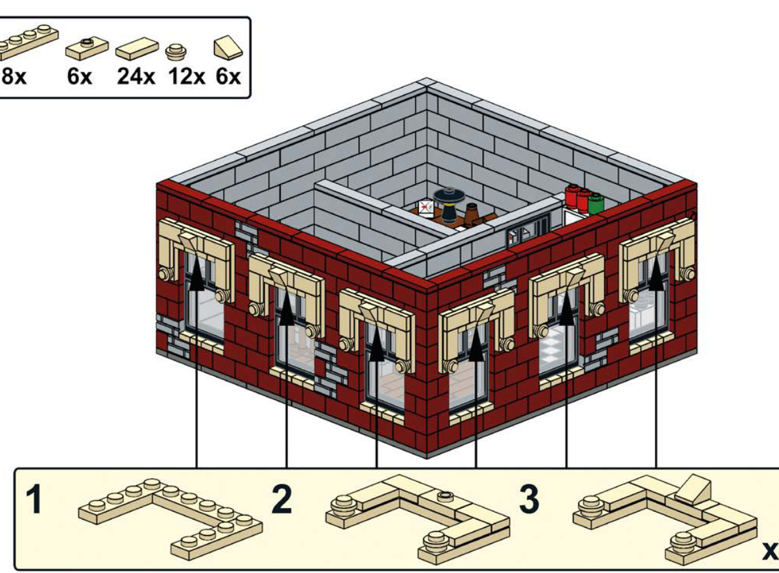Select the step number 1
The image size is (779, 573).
click(34, 500)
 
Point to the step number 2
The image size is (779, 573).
click(282, 500)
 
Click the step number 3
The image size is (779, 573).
click(529, 500)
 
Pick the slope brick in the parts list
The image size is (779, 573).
click(228, 48)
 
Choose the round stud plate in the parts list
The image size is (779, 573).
click(176, 51)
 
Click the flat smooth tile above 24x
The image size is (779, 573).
click(137, 48)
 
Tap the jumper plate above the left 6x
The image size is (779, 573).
click(87, 48)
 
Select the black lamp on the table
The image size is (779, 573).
click(449, 205)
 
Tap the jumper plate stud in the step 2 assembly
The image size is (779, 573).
click(445, 495)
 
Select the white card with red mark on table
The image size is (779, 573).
click(426, 208)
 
